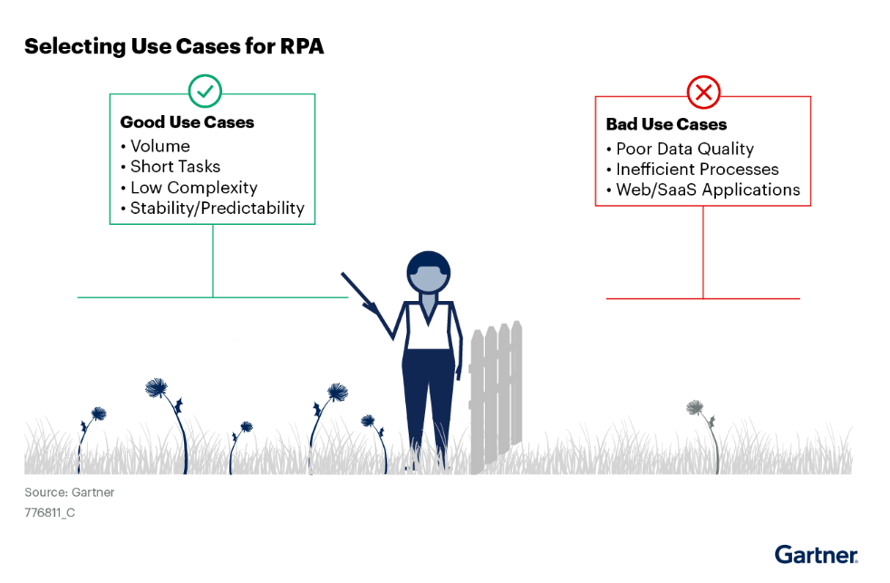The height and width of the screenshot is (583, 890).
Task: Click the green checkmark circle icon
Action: click(205, 91)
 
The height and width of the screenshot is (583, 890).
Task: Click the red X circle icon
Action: click(703, 92)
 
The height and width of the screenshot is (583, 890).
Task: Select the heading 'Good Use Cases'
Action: click(187, 122)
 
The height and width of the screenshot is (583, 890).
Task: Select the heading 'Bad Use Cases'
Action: click(666, 124)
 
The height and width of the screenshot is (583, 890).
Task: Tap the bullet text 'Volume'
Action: click(160, 146)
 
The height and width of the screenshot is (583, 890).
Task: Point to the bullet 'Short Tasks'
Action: click(175, 166)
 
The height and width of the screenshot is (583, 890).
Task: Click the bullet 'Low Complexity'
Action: click(194, 188)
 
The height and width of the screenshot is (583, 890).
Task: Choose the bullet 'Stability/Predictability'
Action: click(217, 209)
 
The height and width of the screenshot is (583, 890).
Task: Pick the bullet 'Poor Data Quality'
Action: click(684, 149)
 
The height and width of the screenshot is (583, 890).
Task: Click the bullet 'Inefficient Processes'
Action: click(697, 170)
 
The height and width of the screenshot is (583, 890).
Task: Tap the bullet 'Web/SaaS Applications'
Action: click(708, 189)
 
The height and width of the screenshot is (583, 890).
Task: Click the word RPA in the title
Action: click(302, 46)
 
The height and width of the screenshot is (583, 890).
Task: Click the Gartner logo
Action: click(817, 555)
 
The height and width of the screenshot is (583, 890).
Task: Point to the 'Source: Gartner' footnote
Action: click(69, 492)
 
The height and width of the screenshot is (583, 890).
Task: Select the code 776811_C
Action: click(49, 512)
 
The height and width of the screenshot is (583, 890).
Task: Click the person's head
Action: click(429, 272)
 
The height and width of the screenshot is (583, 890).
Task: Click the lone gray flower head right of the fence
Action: click(694, 407)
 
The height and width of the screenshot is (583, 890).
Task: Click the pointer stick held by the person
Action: click(359, 292)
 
